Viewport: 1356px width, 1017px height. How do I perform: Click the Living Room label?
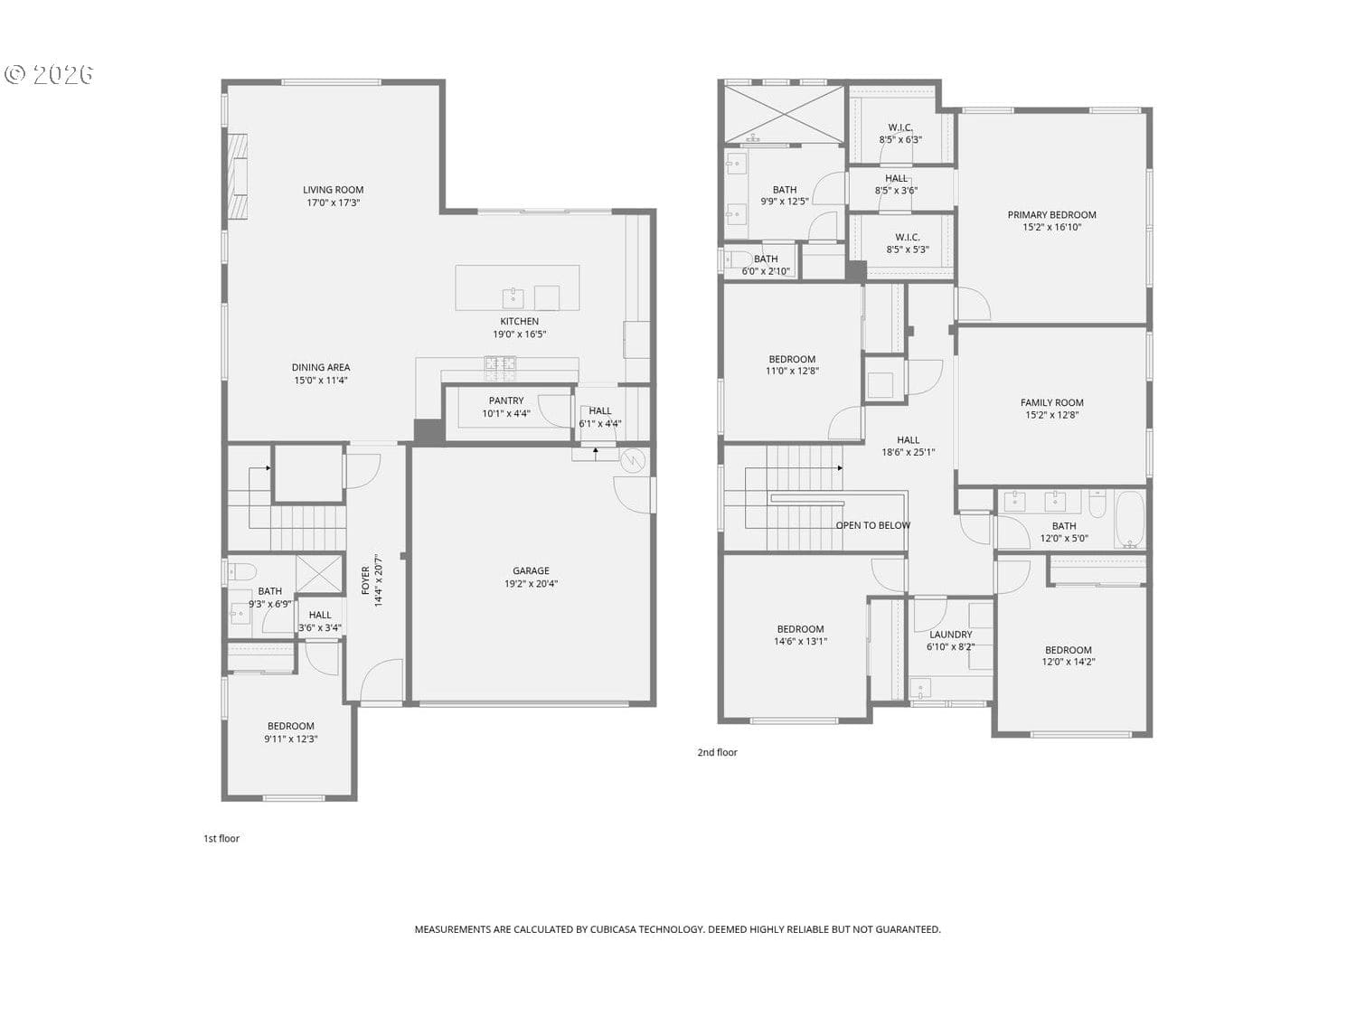coord(333,190)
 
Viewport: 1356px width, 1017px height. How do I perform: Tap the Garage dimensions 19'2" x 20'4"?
coord(531,583)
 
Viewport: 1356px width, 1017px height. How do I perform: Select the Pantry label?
coord(506,400)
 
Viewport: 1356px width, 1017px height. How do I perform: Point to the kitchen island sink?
coord(513,297)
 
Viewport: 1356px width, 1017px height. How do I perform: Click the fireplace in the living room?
coord(237,176)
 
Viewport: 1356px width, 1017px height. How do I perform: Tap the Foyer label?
coord(365,580)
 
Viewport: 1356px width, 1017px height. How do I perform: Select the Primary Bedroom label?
coord(1051,215)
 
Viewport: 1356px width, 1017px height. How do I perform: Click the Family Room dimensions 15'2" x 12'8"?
coord(1051,415)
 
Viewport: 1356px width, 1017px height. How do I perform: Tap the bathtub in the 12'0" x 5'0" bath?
coord(1130,519)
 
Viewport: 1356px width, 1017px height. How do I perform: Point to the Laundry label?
coord(950,635)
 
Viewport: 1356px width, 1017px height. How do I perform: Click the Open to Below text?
coord(872,525)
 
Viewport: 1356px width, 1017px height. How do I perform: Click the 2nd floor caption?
coord(717,752)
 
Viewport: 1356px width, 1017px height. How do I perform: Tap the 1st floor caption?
coord(221,838)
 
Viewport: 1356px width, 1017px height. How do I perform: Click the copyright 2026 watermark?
coord(49,75)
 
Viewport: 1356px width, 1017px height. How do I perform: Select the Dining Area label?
coord(321,367)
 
